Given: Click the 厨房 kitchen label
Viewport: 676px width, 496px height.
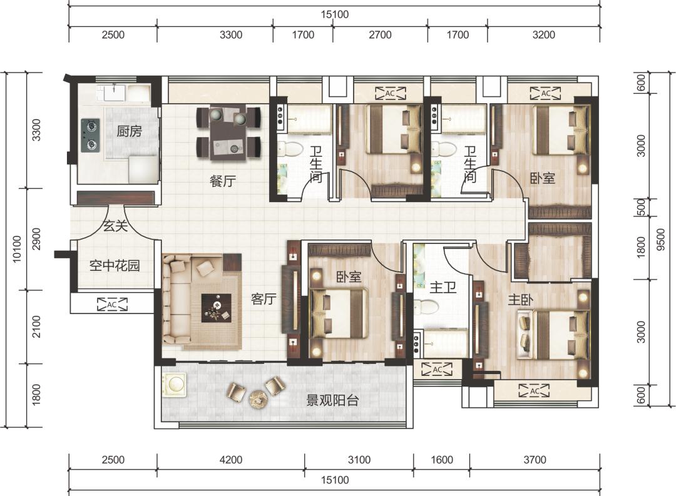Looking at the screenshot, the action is coord(130,131).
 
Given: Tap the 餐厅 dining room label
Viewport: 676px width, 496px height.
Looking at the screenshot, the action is coord(223,181).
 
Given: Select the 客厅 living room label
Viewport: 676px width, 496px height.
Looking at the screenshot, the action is coord(264,298).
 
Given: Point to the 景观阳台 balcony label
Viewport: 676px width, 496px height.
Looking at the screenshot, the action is coord(332,400).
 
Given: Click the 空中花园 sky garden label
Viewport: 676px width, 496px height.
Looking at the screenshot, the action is coord(115,265).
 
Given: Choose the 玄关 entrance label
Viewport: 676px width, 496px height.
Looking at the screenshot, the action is coord(115,225).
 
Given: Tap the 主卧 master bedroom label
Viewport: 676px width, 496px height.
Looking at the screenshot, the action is coord(520,300).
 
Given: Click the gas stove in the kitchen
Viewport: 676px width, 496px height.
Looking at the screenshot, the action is coord(91,135).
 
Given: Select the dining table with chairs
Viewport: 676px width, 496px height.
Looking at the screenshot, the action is coord(228,133).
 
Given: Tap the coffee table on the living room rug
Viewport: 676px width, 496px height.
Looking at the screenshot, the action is coord(217,308).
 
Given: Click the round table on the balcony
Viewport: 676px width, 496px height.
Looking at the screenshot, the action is coord(258,398).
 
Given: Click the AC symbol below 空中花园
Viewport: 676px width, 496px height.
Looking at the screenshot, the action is coord(112,304).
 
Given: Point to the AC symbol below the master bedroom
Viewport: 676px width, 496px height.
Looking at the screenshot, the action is coord(534,390).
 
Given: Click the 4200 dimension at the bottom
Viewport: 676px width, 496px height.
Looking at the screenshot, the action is coord(230,460).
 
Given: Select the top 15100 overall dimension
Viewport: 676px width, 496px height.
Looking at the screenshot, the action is coord(334,14).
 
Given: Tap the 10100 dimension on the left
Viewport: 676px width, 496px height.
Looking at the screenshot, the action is coord(17,249).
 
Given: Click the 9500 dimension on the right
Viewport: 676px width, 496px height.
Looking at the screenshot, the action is coord(661,240).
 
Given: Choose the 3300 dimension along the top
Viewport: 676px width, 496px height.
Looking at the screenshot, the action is coord(230,35).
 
